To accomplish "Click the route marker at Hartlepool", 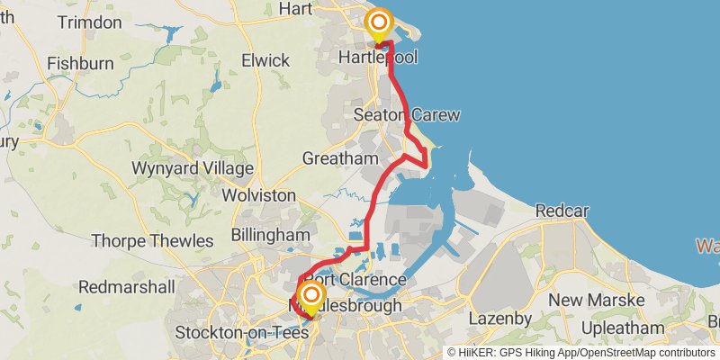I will click(380, 22).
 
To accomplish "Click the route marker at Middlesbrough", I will click(312, 295).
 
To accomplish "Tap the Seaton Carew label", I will click(407, 115).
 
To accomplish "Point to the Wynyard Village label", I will click(192, 168).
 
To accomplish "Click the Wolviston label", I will click(258, 195).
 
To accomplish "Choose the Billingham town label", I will click(270, 234).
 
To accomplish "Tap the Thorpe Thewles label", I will click(152, 241).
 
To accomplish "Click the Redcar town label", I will click(562, 211).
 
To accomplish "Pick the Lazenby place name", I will click(512, 319).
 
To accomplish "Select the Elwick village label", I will click(265, 60).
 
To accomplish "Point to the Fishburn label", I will click(79, 64).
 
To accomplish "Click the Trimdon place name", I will click(89, 22).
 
